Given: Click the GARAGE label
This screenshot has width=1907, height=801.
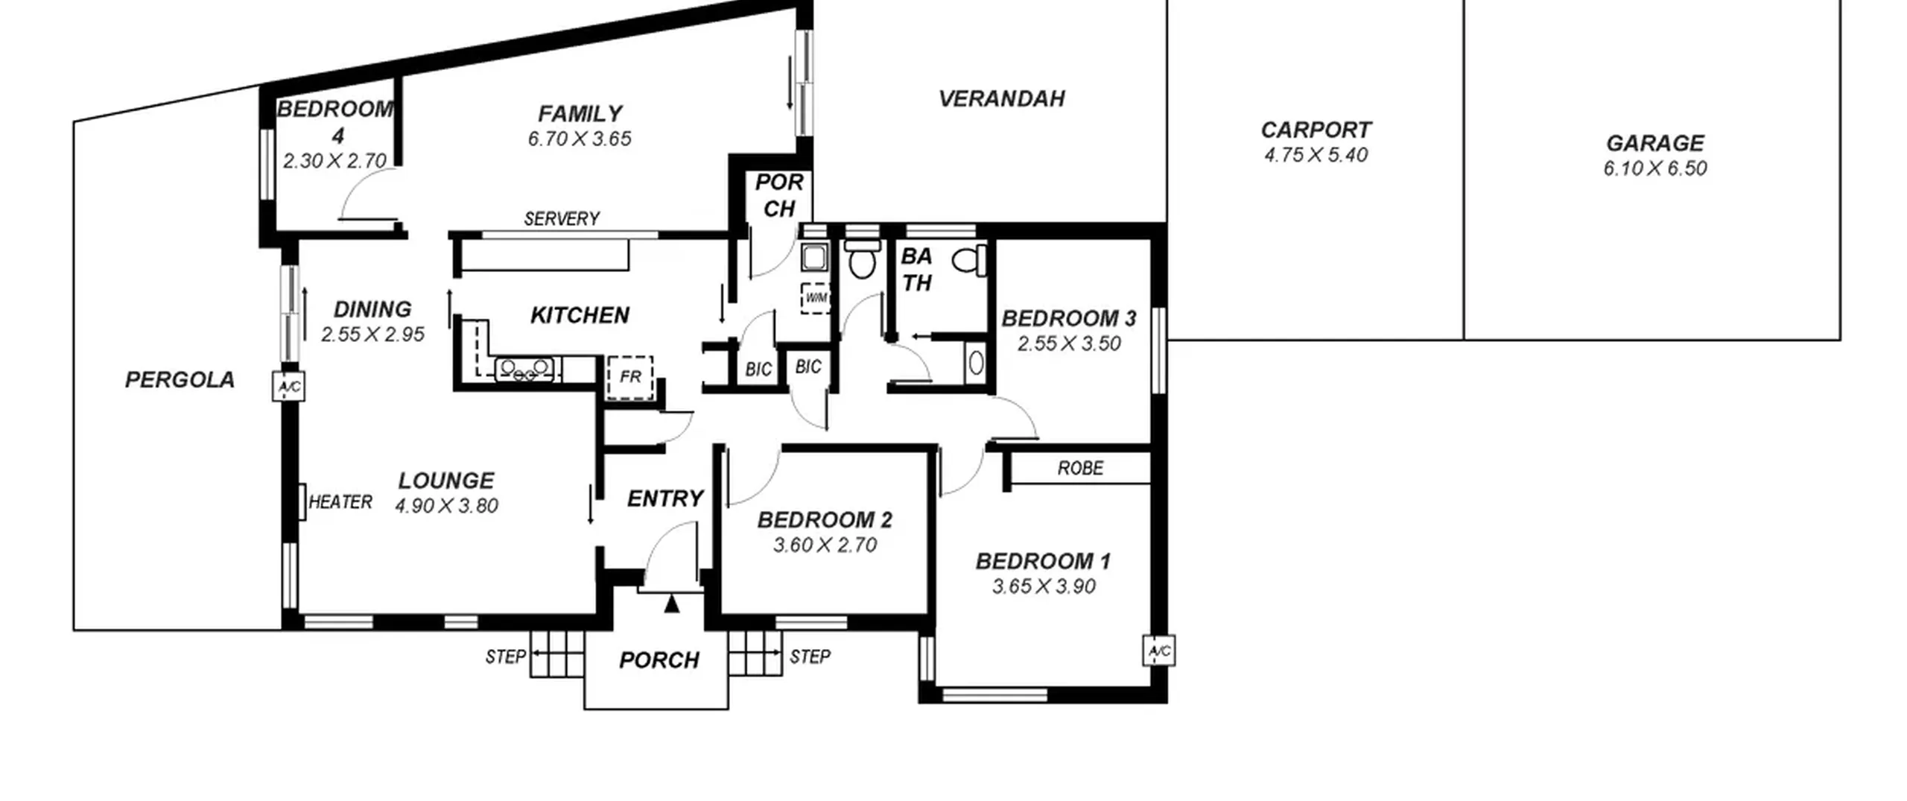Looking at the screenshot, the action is (x=1654, y=142).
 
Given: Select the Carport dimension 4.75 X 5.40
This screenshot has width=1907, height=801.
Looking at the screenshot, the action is (x=1316, y=155).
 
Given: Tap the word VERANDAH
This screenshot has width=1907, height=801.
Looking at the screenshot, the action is (x=1001, y=98).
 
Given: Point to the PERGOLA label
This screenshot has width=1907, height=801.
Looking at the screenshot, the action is (x=180, y=379).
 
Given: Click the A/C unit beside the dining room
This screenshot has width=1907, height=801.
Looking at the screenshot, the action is (x=288, y=387).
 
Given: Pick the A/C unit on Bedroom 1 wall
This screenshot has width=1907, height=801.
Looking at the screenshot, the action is (x=1159, y=650).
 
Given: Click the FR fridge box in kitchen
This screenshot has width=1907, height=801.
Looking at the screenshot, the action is (x=630, y=377).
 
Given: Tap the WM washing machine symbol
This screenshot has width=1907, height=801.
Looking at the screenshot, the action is (x=816, y=298).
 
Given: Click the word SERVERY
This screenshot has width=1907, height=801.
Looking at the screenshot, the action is (x=562, y=218).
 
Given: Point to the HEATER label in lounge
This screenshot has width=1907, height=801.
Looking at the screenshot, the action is (x=340, y=501).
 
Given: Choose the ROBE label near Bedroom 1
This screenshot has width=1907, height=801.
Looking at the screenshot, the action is (x=1080, y=468).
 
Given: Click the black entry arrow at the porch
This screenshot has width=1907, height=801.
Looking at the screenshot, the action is (x=672, y=604).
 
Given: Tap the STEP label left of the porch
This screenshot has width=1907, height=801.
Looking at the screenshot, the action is (x=506, y=656).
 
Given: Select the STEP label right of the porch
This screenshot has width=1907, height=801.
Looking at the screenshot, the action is (x=810, y=656).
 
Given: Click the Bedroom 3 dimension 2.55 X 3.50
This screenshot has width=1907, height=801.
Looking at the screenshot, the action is (x=1069, y=343).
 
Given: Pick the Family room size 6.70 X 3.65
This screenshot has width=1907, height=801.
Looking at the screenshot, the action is (x=580, y=139).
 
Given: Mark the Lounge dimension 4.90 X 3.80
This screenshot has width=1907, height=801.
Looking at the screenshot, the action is (x=446, y=506).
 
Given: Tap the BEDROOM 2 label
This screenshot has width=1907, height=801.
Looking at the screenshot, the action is (x=825, y=519).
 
